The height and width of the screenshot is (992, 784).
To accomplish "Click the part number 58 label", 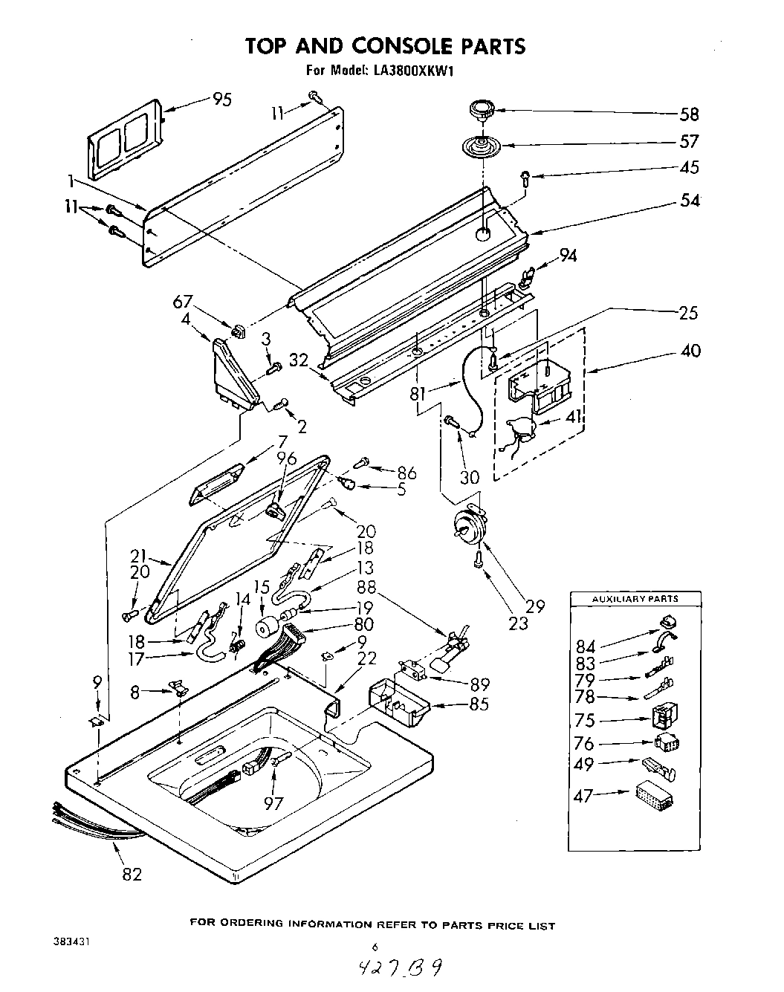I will point(689,114).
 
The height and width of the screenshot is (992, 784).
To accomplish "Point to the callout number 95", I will point(221,99).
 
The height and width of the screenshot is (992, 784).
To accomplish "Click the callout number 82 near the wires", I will point(131,874).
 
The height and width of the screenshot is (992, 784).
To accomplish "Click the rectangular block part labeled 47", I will point(655,797).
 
